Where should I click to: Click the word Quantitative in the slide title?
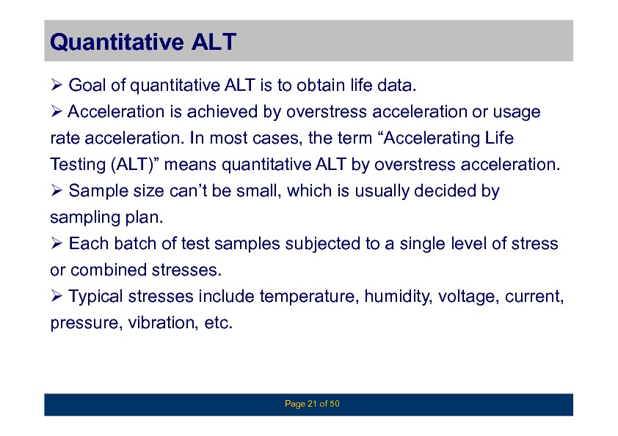(x=117, y=42)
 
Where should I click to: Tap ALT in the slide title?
(x=214, y=42)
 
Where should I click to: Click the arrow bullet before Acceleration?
(x=57, y=111)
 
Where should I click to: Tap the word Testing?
(x=78, y=165)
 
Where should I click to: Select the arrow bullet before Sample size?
(x=57, y=191)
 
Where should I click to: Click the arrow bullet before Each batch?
(x=57, y=243)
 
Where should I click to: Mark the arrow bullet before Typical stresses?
(x=57, y=296)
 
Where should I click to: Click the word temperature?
(x=310, y=297)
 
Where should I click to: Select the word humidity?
(x=399, y=297)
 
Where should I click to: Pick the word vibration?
(x=163, y=323)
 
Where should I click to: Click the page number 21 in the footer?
(x=312, y=404)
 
